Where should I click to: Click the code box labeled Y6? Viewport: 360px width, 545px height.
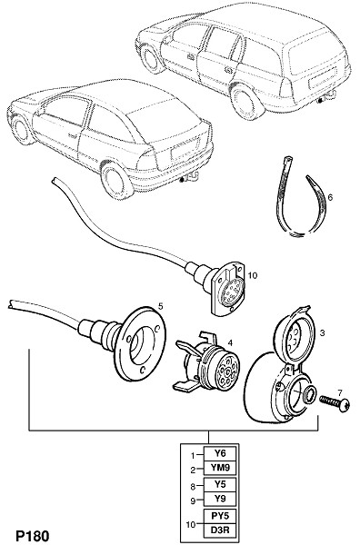(x=220, y=453)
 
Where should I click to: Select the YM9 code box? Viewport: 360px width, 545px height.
(x=220, y=468)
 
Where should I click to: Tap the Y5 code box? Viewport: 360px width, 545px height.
(x=220, y=484)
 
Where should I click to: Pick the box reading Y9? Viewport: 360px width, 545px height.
(x=220, y=499)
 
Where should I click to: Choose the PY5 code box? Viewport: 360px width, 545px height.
(x=220, y=516)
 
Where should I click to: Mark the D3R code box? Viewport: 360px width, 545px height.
(x=220, y=530)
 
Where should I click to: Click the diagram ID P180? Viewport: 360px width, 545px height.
(x=33, y=536)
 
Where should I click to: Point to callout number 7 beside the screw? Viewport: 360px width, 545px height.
(x=340, y=392)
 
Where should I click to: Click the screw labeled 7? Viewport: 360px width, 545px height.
(x=335, y=403)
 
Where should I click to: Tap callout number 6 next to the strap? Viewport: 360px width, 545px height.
(x=330, y=197)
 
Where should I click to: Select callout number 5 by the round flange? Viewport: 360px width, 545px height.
(x=160, y=306)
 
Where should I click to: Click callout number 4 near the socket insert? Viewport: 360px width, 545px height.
(x=230, y=343)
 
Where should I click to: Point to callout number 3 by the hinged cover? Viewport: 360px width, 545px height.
(x=322, y=333)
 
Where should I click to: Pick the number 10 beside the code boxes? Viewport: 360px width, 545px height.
(x=191, y=523)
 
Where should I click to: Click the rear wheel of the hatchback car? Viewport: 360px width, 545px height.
(x=115, y=180)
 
